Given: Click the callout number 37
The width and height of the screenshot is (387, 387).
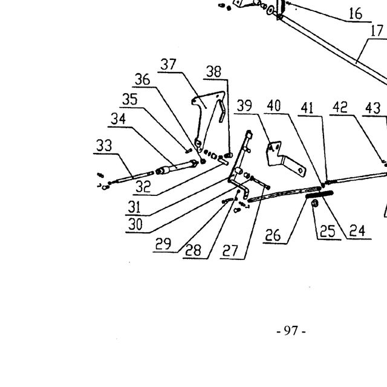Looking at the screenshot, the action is pyautogui.click(x=168, y=65).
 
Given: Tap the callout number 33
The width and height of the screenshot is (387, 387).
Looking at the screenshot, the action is pyautogui.click(x=104, y=145).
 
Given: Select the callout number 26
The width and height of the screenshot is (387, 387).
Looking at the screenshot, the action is pyautogui.click(x=273, y=235).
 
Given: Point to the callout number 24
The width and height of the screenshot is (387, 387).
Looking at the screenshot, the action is pyautogui.click(x=357, y=231).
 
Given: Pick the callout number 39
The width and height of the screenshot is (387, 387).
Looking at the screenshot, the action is pyautogui.click(x=244, y=106).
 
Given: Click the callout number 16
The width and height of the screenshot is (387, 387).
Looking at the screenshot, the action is pyautogui.click(x=356, y=14).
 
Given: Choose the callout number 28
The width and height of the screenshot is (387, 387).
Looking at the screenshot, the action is pyautogui.click(x=193, y=250).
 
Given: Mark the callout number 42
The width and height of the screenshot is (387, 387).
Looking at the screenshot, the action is pyautogui.click(x=340, y=108).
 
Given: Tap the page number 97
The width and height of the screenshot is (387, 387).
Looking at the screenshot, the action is pyautogui.click(x=291, y=331).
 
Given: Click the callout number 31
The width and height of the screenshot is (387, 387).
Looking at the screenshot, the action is pyautogui.click(x=134, y=207).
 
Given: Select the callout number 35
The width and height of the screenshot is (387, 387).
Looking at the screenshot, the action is pyautogui.click(x=130, y=99).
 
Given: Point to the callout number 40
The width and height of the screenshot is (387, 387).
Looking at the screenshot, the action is pyautogui.click(x=274, y=106).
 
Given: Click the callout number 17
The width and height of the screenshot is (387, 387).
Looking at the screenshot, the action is pyautogui.click(x=377, y=31).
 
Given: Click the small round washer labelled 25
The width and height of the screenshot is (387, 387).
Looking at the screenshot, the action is pyautogui.click(x=314, y=203).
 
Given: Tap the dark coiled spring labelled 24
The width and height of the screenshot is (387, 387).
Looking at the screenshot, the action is pyautogui.click(x=319, y=195).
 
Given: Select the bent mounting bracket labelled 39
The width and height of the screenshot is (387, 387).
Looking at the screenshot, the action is pyautogui.click(x=284, y=158).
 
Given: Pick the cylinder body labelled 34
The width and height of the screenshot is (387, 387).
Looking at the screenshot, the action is pyautogui.click(x=177, y=167).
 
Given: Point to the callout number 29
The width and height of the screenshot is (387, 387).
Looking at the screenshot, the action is pyautogui.click(x=163, y=244).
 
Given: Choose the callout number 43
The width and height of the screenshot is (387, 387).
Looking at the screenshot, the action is pyautogui.click(x=372, y=108).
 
